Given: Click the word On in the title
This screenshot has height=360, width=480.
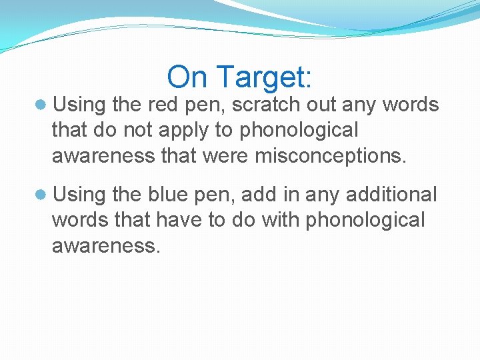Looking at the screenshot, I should point(187,77).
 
